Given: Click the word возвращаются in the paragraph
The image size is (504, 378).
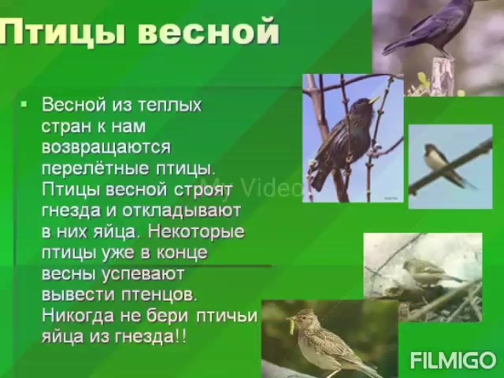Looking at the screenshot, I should coord(106,148).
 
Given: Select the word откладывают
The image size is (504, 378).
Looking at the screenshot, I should coord(182,211).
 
